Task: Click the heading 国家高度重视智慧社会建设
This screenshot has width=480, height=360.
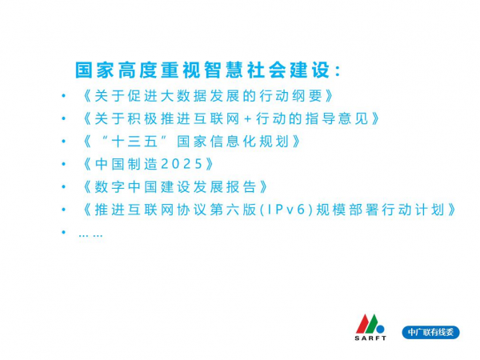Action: click(203, 70)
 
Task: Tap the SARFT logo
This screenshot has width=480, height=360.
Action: click(370, 327)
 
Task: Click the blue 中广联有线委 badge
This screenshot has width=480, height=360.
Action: click(430, 333)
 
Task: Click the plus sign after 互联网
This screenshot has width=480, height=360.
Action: click(248, 119)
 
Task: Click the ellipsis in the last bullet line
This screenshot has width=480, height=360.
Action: click(90, 236)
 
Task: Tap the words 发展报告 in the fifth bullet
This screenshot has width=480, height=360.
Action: click(225, 187)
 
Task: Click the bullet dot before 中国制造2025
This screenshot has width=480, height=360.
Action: click(64, 164)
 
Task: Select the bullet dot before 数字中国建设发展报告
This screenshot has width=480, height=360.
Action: click(64, 186)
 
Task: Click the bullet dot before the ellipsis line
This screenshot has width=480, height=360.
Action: click(64, 232)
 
